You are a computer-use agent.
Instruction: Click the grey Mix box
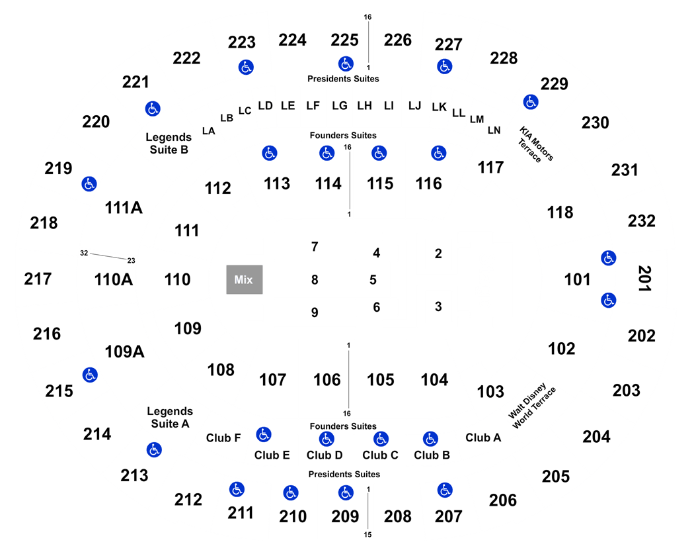(x=245, y=279)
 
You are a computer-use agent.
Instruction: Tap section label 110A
(x=114, y=279)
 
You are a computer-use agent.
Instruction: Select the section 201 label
(x=644, y=279)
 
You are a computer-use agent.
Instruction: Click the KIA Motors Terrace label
(x=535, y=144)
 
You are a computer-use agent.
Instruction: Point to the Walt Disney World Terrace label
(x=532, y=406)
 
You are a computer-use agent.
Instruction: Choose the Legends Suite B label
(x=169, y=143)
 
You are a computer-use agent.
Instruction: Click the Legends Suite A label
(x=170, y=417)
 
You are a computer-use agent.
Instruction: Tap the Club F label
(x=223, y=438)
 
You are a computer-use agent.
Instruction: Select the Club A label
(x=483, y=438)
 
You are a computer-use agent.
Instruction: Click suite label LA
(x=208, y=131)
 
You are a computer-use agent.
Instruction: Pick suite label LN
(x=494, y=130)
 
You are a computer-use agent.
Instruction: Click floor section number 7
(x=315, y=246)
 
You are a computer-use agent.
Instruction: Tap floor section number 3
(x=438, y=306)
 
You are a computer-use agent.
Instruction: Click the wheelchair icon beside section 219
(x=89, y=183)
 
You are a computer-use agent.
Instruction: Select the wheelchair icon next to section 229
(x=531, y=102)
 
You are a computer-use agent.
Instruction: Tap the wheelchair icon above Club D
(x=327, y=439)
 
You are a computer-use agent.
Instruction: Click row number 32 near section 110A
(x=84, y=253)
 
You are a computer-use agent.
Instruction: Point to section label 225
(x=345, y=40)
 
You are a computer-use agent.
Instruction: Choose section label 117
(x=491, y=167)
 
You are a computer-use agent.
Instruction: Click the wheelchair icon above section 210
(x=291, y=492)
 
